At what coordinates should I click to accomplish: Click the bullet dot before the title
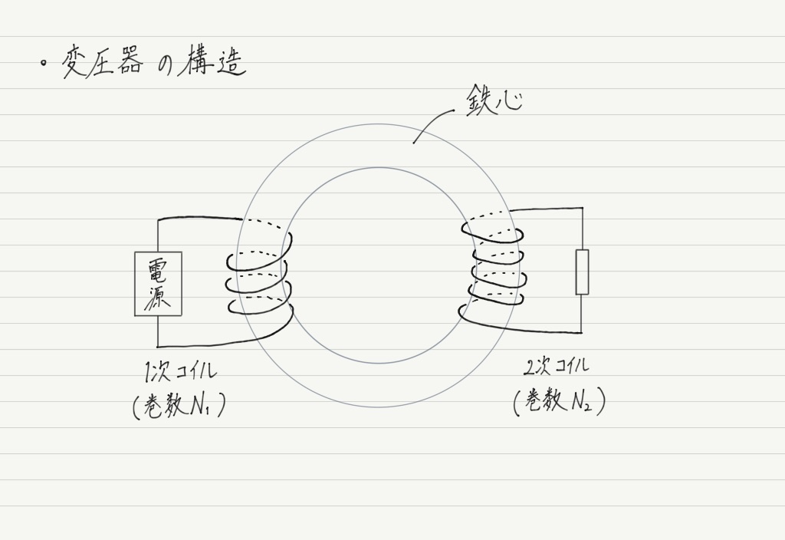pos(44,63)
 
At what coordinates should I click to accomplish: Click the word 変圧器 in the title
pos(102,64)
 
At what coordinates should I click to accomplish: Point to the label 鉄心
pos(494,100)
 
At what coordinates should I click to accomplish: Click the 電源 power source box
pos(158,284)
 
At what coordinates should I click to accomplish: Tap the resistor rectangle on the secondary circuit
pos(582,272)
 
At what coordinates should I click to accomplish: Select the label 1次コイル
pos(179,372)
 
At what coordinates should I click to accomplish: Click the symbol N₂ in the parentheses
pos(581,400)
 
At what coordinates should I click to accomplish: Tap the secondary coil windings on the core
pos(493,268)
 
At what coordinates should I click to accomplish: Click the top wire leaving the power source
pos(200,218)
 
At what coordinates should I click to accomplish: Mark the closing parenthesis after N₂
pos(601,401)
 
